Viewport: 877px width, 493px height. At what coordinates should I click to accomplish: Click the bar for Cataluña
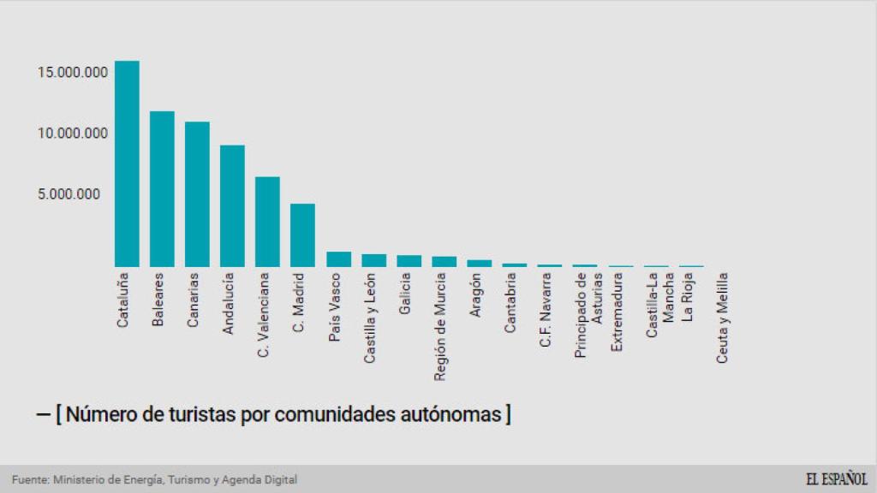pos(127,163)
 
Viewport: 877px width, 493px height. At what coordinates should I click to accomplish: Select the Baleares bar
pos(162,189)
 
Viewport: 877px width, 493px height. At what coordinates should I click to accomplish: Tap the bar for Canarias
pos(197,194)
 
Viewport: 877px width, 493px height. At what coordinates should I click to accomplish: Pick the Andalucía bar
pos(232,206)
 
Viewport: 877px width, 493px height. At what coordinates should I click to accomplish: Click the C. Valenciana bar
pos(267,222)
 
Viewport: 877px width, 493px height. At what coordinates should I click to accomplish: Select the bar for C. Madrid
pos(302,235)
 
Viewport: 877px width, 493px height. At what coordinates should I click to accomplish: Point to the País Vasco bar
pos(338,259)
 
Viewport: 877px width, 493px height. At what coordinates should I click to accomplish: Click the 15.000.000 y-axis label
pos(72,73)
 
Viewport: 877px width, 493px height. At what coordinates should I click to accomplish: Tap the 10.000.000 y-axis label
pos(72,134)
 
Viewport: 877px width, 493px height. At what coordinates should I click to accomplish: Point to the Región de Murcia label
pos(439,326)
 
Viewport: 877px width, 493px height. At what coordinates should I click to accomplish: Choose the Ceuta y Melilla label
pos(722,318)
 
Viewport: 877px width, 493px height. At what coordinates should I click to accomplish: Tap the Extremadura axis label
pos(617,312)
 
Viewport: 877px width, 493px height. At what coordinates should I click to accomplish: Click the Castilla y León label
pos(369,318)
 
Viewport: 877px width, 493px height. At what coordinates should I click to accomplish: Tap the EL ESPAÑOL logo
pos(836,479)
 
